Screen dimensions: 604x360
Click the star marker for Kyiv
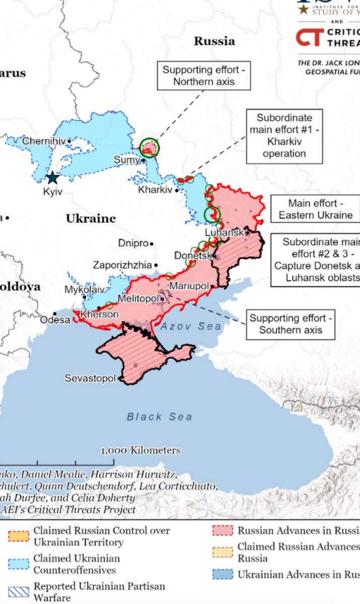52,178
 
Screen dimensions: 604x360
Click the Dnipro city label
133,243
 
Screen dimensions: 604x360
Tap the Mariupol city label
189,286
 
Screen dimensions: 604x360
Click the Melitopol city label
138,298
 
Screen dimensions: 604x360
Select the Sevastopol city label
90,378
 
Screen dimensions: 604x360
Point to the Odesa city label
55,320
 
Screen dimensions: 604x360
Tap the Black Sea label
159,416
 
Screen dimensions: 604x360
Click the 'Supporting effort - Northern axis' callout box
204,75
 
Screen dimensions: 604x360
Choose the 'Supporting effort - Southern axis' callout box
291,324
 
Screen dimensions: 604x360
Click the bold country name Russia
214,41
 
